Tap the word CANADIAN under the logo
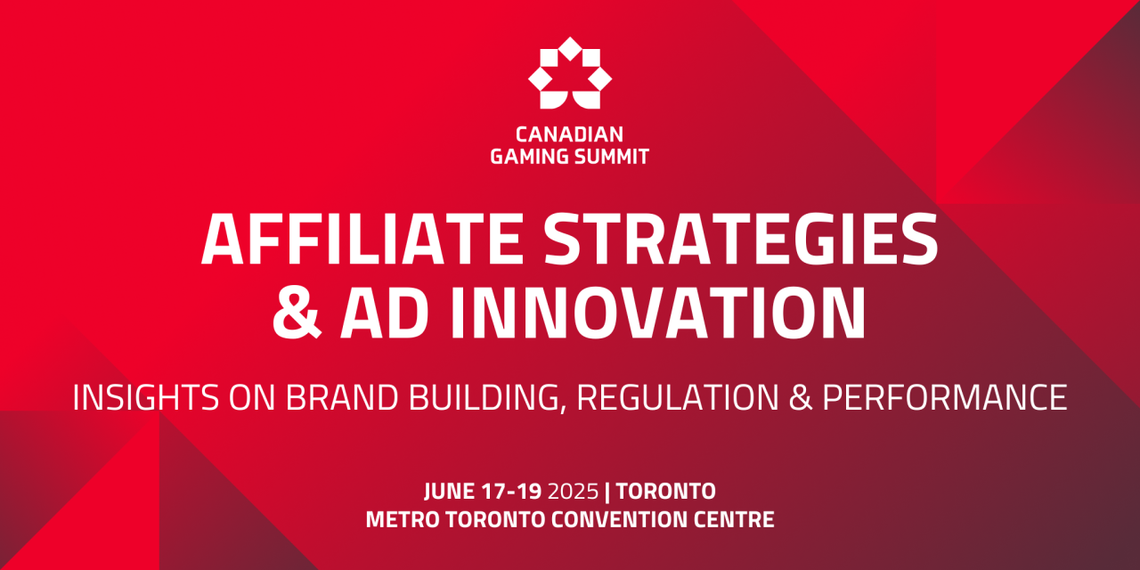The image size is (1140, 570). [570, 134]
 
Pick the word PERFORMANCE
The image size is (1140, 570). [944, 397]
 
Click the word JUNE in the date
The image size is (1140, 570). [450, 491]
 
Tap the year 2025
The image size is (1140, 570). [574, 491]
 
